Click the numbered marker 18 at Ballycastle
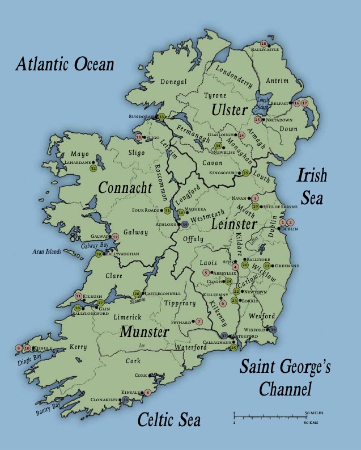(x=264, y=44)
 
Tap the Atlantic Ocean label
(x=65, y=64)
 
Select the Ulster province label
(x=230, y=109)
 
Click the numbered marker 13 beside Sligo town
(x=138, y=137)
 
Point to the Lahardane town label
(x=80, y=162)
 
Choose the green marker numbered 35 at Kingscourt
(x=246, y=173)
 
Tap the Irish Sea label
(x=312, y=184)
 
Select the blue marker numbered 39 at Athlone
(x=185, y=225)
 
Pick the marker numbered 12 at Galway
(x=115, y=237)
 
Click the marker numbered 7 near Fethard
(x=199, y=322)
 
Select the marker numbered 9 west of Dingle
(x=19, y=348)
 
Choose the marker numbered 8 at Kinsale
(x=147, y=392)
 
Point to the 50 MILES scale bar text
(x=314, y=413)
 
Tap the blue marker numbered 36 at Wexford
(x=274, y=329)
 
